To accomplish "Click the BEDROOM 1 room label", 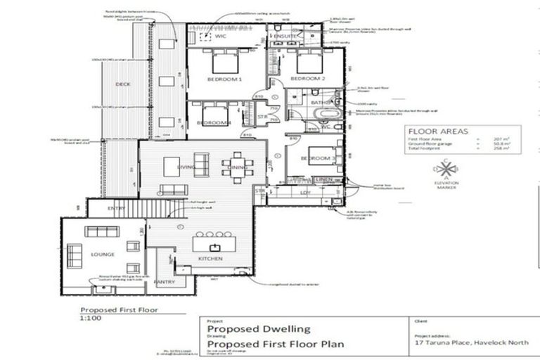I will [x=224, y=79].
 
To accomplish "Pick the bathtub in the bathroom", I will [x=326, y=115].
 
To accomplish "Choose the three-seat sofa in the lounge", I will [x=102, y=231].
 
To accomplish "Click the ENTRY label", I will [x=117, y=209].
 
